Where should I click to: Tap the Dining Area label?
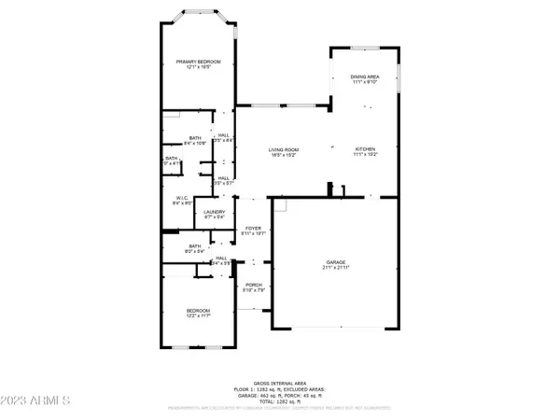364,77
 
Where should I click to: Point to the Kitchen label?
364,149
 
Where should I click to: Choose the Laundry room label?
213,212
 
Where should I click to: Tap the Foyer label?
253,227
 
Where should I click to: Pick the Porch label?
253,285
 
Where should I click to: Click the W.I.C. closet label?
182,198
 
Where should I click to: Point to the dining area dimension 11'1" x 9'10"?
364,82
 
